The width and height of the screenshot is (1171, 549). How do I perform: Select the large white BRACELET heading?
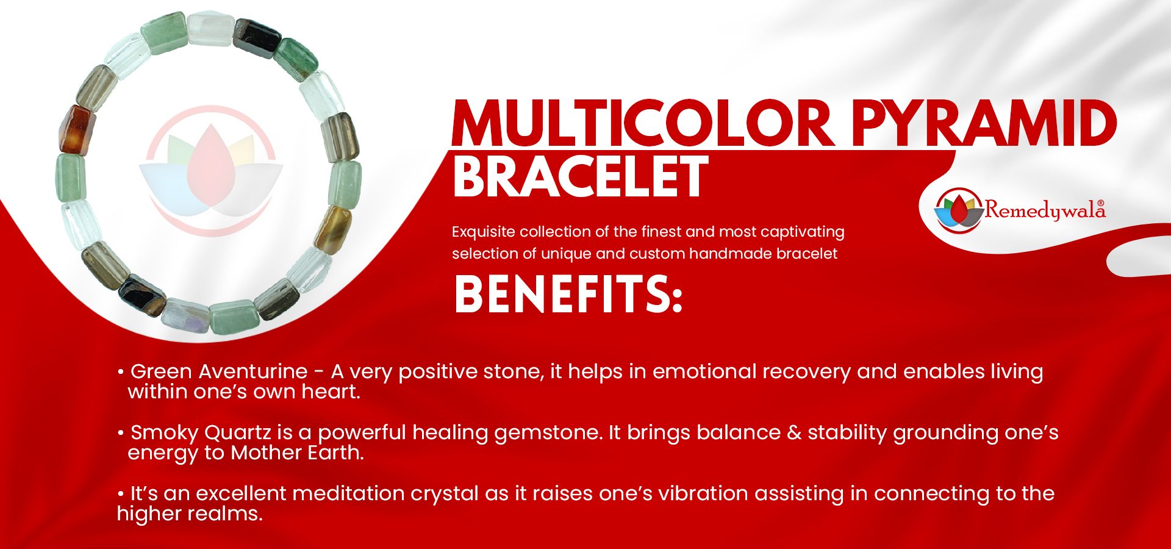(580, 176)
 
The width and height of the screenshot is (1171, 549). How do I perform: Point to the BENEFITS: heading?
(568, 294)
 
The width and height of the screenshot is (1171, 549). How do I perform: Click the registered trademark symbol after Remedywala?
(1101, 204)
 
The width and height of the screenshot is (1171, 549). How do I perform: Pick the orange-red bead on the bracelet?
(75, 129)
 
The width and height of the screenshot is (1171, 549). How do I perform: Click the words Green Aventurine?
(219, 371)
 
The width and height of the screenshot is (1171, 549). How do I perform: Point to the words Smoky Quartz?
(201, 432)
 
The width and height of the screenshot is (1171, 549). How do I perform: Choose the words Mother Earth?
(297, 453)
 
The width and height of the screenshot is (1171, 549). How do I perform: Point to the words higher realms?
(190, 514)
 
